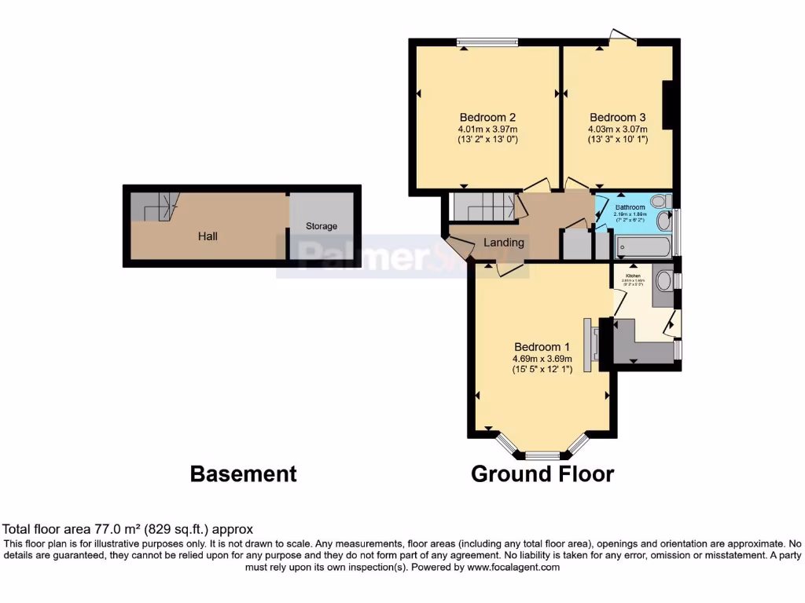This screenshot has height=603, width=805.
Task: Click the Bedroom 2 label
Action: point(487,117)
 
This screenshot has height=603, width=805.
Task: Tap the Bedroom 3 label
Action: point(617,117)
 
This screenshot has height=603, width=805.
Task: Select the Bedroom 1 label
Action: point(542,347)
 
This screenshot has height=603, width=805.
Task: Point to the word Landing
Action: point(503,242)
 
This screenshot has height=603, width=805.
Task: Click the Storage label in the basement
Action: point(322,226)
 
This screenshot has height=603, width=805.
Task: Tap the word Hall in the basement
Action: point(208,236)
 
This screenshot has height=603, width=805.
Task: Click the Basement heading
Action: point(244,474)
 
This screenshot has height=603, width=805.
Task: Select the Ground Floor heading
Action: point(542,474)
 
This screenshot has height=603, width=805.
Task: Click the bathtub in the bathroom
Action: point(644,249)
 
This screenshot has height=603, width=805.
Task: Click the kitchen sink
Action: point(663,281)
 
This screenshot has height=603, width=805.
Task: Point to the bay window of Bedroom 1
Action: point(542,454)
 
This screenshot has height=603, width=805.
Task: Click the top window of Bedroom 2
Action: point(488,42)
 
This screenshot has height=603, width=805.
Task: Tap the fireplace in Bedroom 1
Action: point(590,342)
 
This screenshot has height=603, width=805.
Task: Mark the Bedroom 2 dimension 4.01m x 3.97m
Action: point(487,130)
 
